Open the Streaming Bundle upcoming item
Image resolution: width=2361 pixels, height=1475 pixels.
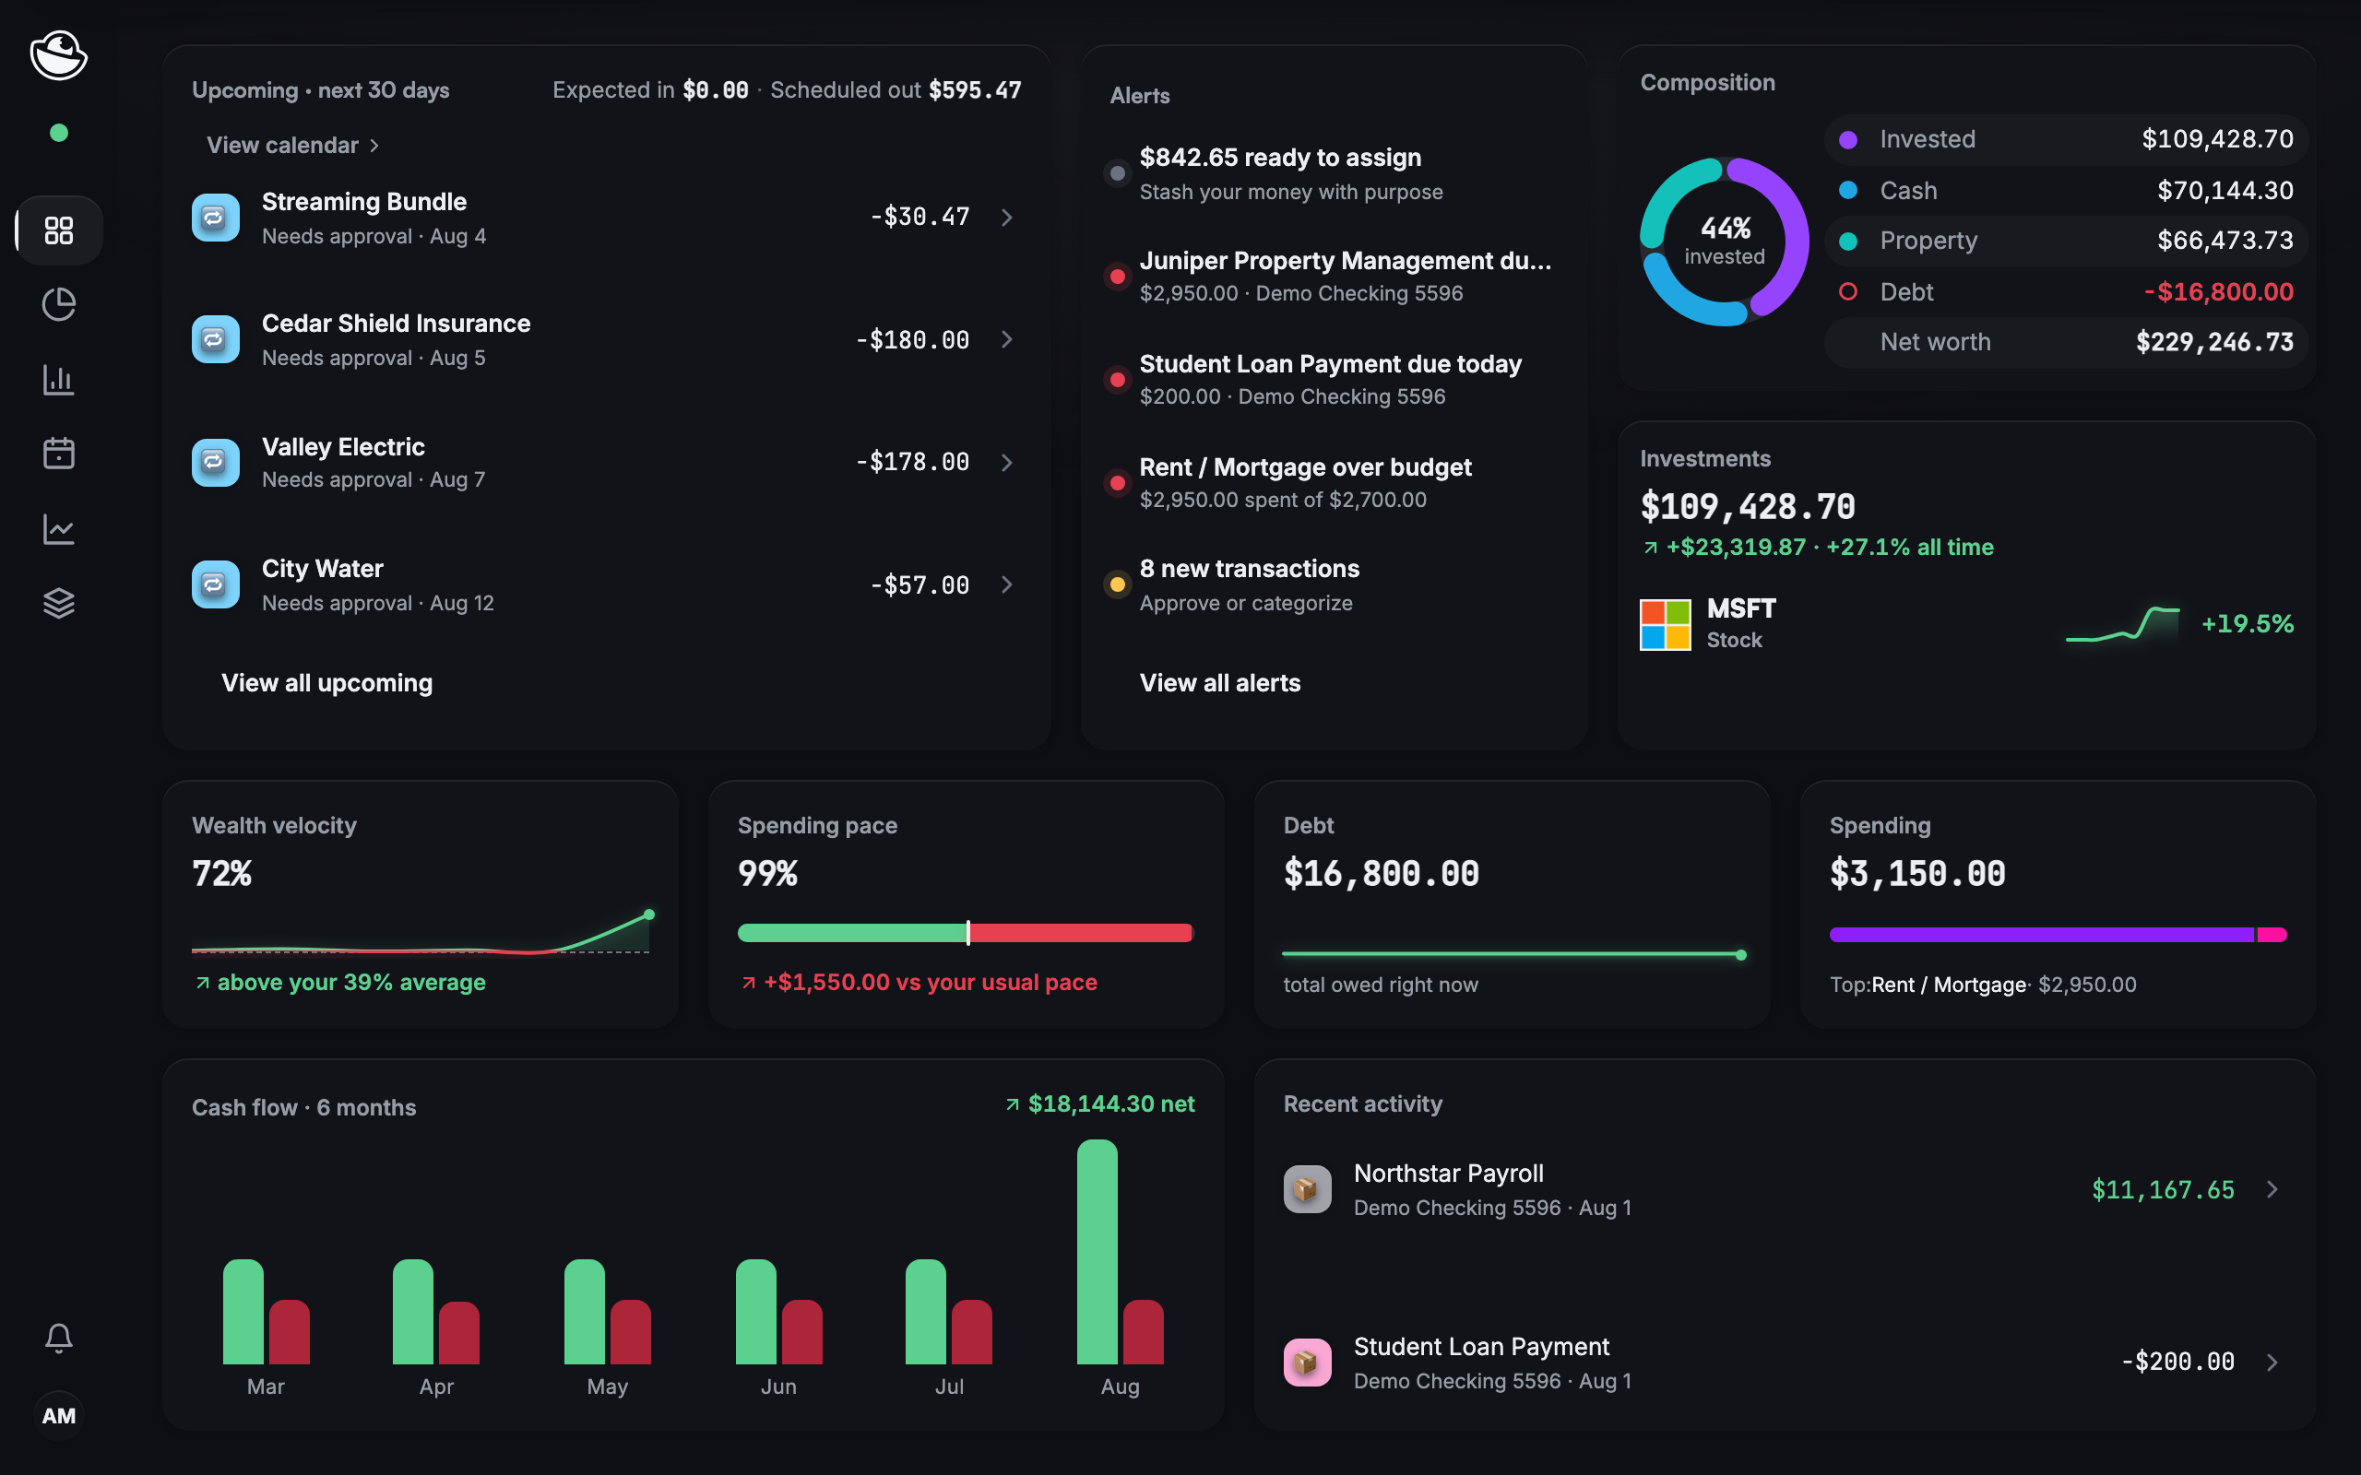(606, 218)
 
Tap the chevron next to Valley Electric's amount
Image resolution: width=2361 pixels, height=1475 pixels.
(1007, 463)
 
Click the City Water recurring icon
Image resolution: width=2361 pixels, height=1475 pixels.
(216, 584)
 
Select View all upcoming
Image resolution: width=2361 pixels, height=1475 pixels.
(326, 683)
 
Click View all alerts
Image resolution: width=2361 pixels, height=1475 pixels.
(1219, 683)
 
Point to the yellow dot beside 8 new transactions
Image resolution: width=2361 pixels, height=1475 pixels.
(1117, 585)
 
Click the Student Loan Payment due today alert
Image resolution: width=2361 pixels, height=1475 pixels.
(1330, 380)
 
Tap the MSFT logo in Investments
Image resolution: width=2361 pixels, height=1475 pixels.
(1665, 624)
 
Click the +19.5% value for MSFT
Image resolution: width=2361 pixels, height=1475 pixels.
(2247, 624)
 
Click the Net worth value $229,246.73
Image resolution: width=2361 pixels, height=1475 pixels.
(2214, 342)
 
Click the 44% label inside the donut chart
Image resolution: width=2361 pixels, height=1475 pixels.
(1725, 229)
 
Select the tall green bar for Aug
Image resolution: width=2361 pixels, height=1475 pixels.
(1097, 1252)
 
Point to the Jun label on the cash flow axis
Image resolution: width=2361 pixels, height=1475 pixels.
(778, 1386)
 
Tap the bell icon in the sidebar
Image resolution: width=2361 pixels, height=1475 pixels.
(58, 1338)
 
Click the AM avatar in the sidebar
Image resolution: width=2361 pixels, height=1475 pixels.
(58, 1415)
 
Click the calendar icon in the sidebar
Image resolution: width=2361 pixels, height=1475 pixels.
(58, 453)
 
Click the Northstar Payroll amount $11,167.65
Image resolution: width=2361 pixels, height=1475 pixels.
(2162, 1190)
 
